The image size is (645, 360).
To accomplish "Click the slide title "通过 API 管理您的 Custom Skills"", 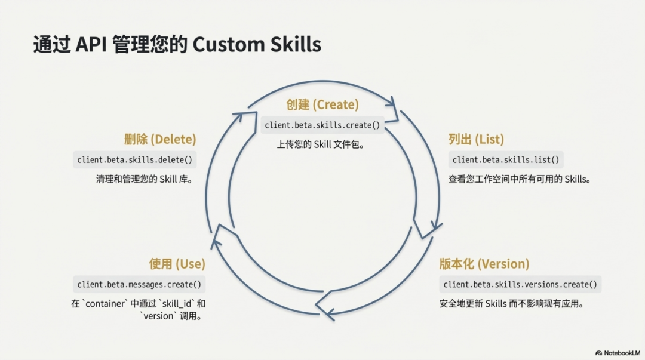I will (x=177, y=45).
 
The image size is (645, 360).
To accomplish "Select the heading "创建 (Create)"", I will (x=322, y=105).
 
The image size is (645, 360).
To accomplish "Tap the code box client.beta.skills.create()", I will (x=322, y=125).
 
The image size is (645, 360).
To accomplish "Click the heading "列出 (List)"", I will (x=476, y=140).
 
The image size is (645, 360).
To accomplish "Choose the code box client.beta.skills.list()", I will (x=506, y=160).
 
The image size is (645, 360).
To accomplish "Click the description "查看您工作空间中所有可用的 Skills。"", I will (x=519, y=179).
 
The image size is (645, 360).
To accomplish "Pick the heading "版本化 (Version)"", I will (x=484, y=264).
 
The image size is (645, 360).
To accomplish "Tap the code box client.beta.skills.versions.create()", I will (x=520, y=284).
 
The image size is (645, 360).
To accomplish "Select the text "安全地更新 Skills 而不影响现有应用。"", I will (x=511, y=303).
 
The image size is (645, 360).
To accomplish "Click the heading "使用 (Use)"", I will (x=177, y=264).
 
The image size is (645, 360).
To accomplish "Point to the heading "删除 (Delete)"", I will (x=160, y=140).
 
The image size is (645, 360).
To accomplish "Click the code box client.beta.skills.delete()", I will (x=134, y=160).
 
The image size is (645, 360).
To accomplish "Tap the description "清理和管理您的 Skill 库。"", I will (x=145, y=179).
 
